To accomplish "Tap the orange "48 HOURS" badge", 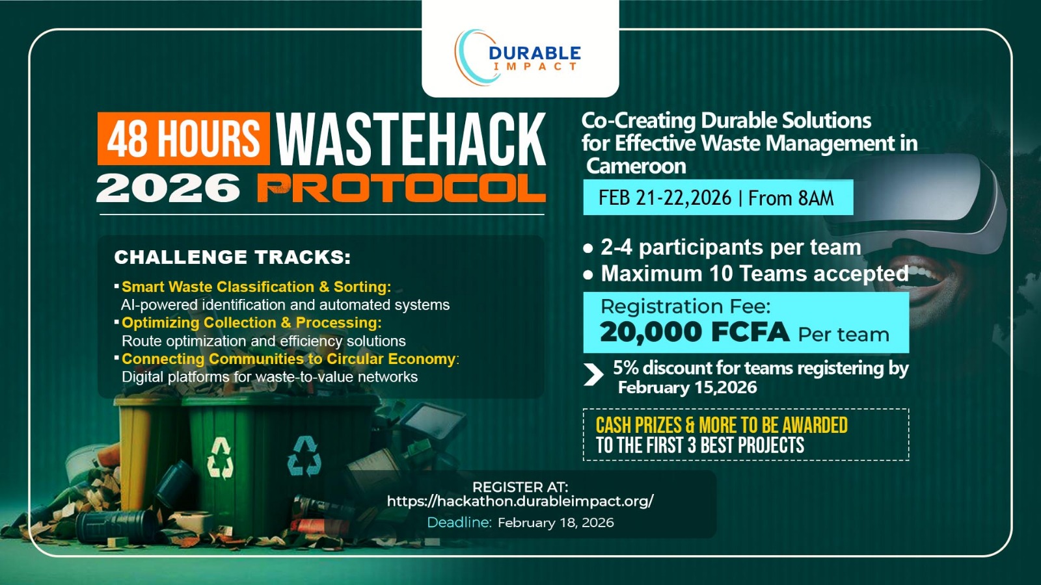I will pyautogui.click(x=183, y=138).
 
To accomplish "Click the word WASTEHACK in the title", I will pyautogui.click(x=411, y=139).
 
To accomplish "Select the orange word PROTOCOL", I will pyautogui.click(x=401, y=188).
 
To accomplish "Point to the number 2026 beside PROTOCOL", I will pyautogui.click(x=169, y=188).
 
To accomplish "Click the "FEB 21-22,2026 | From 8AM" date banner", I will pyautogui.click(x=716, y=198).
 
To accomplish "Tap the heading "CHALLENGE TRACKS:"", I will pyautogui.click(x=232, y=257).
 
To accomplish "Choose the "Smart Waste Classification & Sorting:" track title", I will pyautogui.click(x=256, y=287).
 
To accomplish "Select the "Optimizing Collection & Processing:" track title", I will pyautogui.click(x=251, y=323).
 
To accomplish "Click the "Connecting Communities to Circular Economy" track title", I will pyautogui.click(x=289, y=359).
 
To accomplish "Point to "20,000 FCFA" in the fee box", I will pyautogui.click(x=694, y=333).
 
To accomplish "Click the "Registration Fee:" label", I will pyautogui.click(x=685, y=306).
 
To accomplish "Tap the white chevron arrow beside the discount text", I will pyautogui.click(x=593, y=374).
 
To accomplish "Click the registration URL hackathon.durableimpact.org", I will pyautogui.click(x=520, y=501).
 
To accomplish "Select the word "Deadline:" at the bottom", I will pyautogui.click(x=459, y=523).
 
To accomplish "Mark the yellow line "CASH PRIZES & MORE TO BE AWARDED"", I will pyautogui.click(x=722, y=425).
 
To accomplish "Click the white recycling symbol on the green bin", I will pyautogui.click(x=220, y=458).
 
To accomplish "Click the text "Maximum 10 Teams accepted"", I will pyautogui.click(x=754, y=274).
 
